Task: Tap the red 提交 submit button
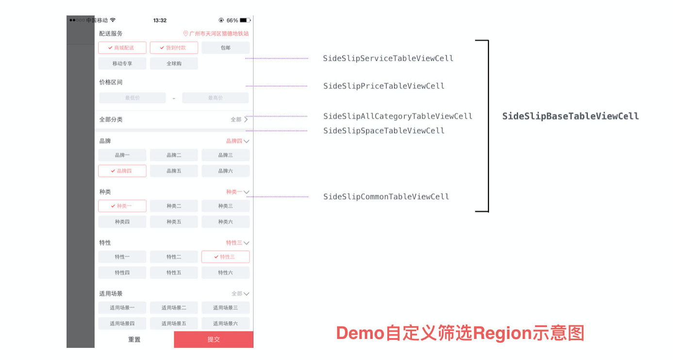(214, 340)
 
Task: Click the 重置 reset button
(134, 340)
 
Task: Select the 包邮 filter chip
(225, 48)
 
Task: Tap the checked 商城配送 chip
(122, 48)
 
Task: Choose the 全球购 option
(174, 64)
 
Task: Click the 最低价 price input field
(133, 98)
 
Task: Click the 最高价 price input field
(215, 98)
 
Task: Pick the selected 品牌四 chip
(122, 171)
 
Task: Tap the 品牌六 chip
(225, 171)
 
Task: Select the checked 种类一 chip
(122, 206)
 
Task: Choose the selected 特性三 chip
(225, 257)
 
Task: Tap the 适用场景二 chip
(174, 308)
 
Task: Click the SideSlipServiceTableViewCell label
(388, 58)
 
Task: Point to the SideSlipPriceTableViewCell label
(384, 86)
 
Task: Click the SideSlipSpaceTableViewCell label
(384, 131)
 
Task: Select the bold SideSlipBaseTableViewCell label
(570, 116)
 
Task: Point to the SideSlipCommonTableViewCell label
(386, 197)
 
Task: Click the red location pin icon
(185, 34)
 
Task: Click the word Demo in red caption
(359, 333)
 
